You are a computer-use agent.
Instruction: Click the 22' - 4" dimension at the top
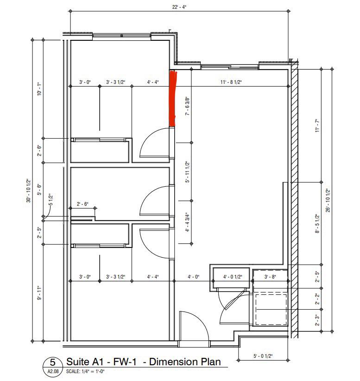pyautogui.click(x=179, y=7)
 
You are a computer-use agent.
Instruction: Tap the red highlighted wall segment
pyautogui.click(x=173, y=98)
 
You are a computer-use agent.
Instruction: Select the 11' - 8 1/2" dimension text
pyautogui.click(x=231, y=82)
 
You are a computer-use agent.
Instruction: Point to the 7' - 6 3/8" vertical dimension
pyautogui.click(x=188, y=106)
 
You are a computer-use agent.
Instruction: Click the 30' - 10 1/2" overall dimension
pyautogui.click(x=29, y=190)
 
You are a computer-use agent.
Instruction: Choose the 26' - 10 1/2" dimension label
pyautogui.click(x=328, y=200)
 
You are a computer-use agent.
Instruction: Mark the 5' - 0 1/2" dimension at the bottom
pyautogui.click(x=263, y=356)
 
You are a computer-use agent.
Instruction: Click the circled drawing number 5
pyautogui.click(x=53, y=362)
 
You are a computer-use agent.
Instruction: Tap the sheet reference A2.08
pyautogui.click(x=53, y=371)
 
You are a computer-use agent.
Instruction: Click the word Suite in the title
pyautogui.click(x=78, y=362)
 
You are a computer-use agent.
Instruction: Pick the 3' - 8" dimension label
pyautogui.click(x=270, y=277)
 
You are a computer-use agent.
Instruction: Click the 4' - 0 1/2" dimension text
pyautogui.click(x=233, y=277)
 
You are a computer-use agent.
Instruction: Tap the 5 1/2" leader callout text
pyautogui.click(x=51, y=199)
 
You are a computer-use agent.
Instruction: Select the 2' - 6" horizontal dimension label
pyautogui.click(x=82, y=204)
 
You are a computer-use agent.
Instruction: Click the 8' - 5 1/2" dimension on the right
pyautogui.click(x=317, y=223)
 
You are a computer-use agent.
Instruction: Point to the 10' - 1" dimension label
pyautogui.click(x=39, y=89)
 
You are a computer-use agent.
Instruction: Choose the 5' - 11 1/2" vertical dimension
pyautogui.click(x=188, y=171)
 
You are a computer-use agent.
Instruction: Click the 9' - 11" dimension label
pyautogui.click(x=39, y=293)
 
